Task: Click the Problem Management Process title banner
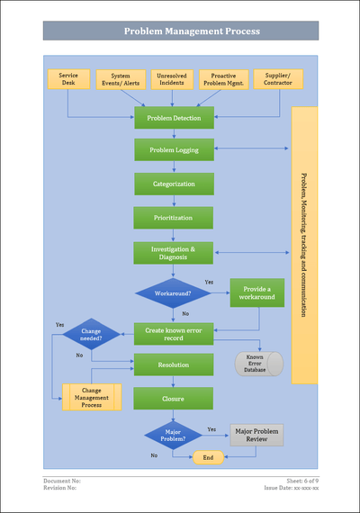tap(180, 31)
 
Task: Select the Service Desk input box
tap(68, 79)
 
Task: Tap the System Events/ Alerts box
tap(121, 80)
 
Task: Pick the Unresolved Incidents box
tap(172, 80)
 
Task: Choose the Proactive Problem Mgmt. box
tap(224, 80)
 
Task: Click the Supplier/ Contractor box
tap(278, 79)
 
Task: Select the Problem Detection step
tap(174, 118)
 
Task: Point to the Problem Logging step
tap(174, 149)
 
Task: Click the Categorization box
tap(174, 184)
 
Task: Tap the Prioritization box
tap(174, 218)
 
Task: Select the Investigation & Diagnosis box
tap(174, 253)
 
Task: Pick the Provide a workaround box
tap(256, 293)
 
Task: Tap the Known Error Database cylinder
tap(259, 364)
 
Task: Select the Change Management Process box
tap(91, 397)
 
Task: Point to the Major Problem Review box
tap(256, 435)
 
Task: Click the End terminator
tap(208, 457)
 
